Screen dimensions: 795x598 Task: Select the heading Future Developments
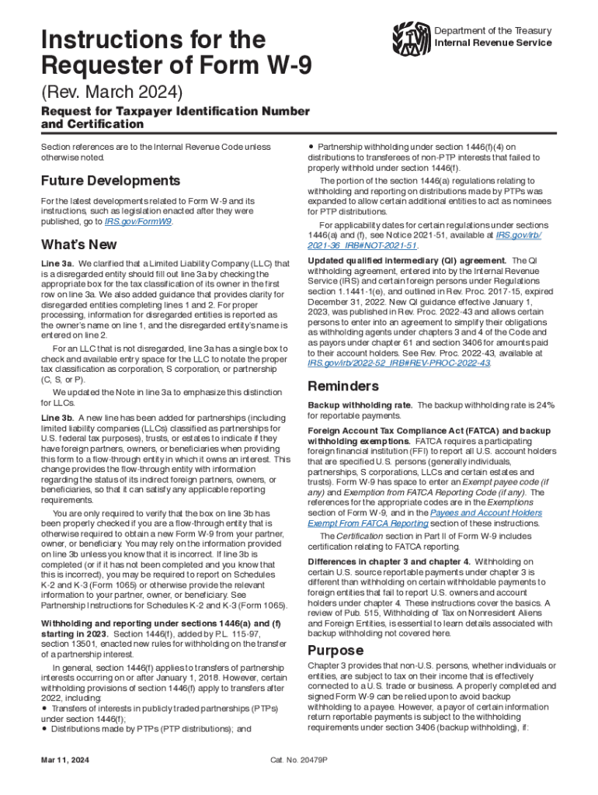(110, 181)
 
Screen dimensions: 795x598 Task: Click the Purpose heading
(336, 650)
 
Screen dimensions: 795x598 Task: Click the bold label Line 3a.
(57, 264)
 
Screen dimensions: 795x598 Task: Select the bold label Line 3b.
(57, 418)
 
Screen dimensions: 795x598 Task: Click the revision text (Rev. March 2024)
(112, 93)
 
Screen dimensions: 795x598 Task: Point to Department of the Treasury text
(493, 31)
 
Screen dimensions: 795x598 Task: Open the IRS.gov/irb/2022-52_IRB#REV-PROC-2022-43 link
(398, 362)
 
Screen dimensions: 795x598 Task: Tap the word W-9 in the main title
(283, 66)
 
